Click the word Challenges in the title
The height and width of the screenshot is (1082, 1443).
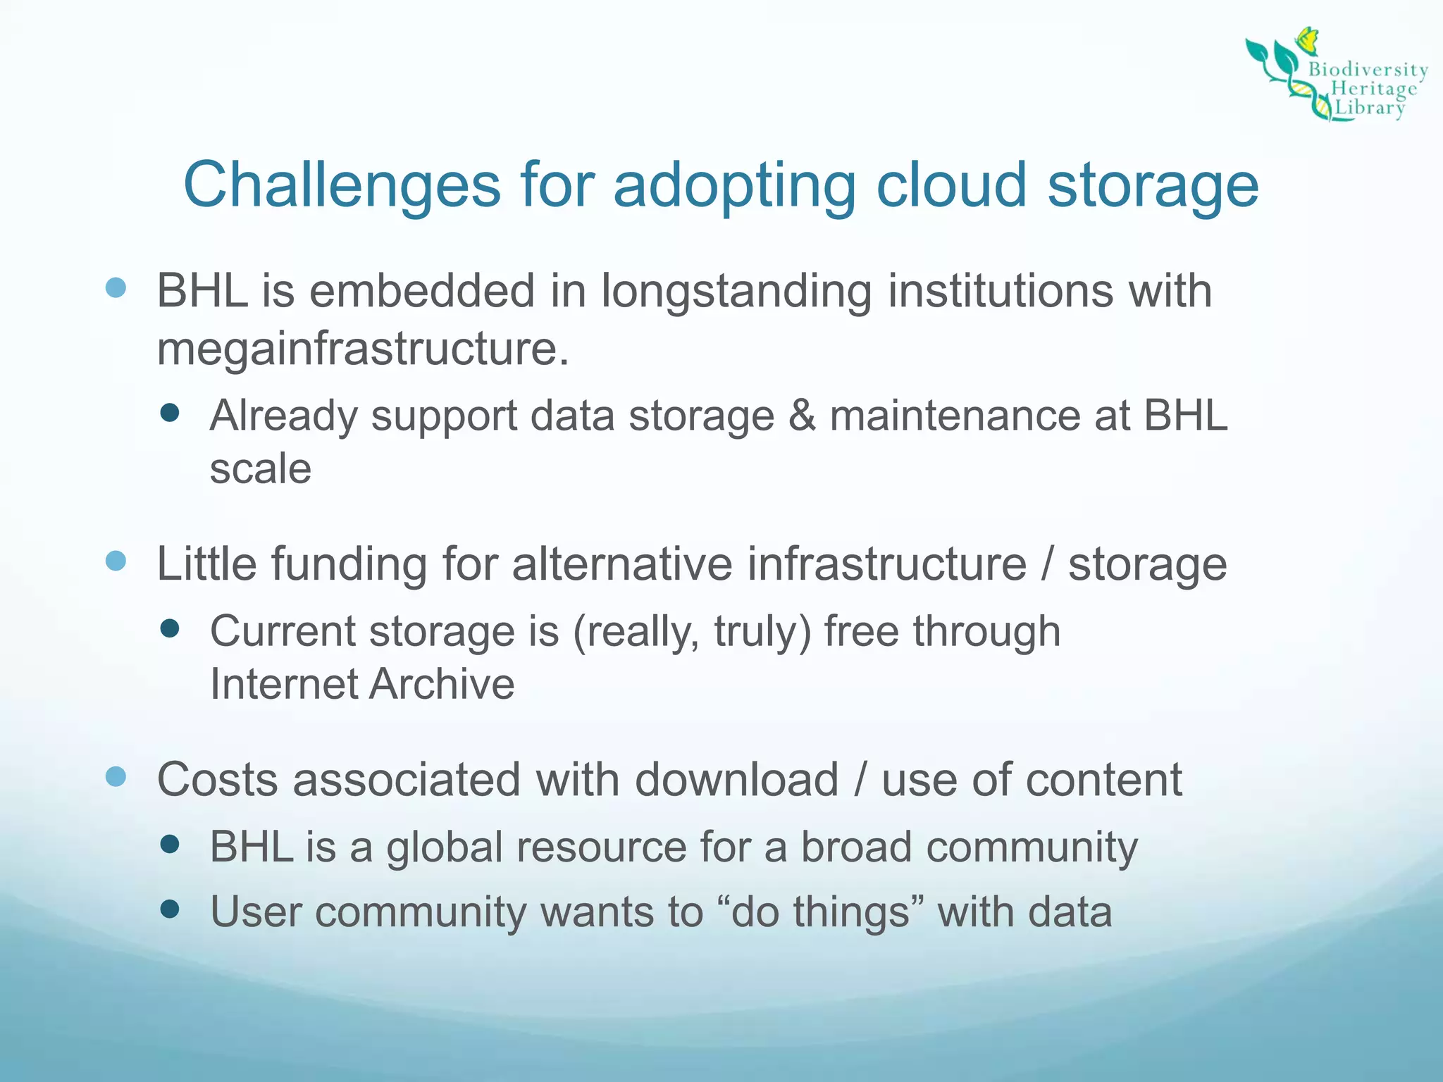(x=342, y=185)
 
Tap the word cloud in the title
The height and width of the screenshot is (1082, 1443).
(x=951, y=185)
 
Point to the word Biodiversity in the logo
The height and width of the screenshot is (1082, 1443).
(x=1368, y=70)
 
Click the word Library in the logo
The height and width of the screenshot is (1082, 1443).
(x=1370, y=108)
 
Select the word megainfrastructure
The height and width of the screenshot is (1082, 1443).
(x=362, y=349)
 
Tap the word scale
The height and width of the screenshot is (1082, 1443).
(x=260, y=469)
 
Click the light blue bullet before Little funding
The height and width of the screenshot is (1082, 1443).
(x=116, y=561)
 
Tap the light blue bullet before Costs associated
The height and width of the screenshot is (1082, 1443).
(x=116, y=777)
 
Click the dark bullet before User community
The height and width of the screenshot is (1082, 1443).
(x=170, y=909)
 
